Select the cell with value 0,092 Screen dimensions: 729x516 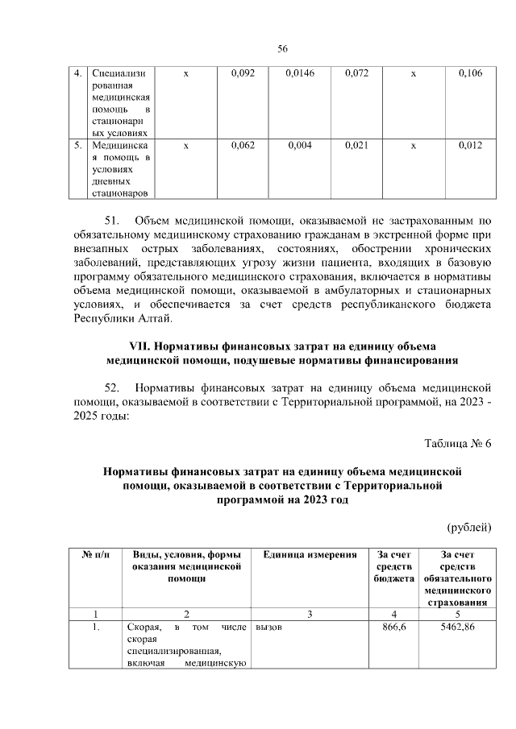coord(242,74)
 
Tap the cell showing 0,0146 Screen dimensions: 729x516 coord(299,74)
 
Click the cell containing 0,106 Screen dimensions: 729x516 coord(470,74)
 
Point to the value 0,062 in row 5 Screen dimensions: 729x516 coord(242,145)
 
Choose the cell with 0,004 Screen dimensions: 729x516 coord(299,145)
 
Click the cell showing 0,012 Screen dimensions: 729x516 coord(470,145)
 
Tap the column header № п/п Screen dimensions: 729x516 coord(95,555)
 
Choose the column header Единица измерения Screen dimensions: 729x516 coord(310,555)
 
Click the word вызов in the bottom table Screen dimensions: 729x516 coord(268,626)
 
